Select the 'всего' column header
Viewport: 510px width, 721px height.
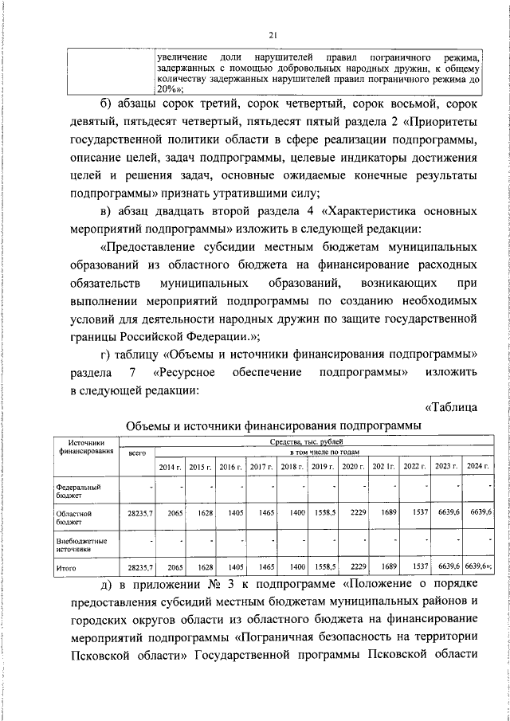137,453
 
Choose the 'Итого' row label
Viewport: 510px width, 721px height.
66,568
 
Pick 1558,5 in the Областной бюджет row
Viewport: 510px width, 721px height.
324,514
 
